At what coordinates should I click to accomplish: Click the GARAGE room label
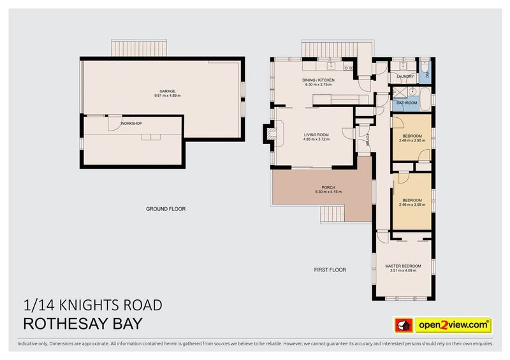[x=168, y=91]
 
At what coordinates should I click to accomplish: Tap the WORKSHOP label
[x=131, y=123]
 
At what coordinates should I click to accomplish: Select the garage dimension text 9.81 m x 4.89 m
[x=168, y=96]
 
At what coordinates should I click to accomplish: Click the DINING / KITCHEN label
[x=318, y=80]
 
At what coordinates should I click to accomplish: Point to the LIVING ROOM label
[x=316, y=134]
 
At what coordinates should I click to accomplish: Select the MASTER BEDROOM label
[x=403, y=266]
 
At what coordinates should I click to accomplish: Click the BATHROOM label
[x=407, y=103]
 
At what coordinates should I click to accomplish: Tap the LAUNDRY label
[x=405, y=76]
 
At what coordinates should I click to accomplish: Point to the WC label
[x=427, y=75]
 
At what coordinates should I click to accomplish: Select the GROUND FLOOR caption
[x=166, y=209]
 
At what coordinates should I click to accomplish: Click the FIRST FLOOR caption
[x=330, y=270]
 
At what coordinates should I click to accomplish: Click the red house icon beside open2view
[x=403, y=324]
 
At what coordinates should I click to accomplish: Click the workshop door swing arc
[x=113, y=123]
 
